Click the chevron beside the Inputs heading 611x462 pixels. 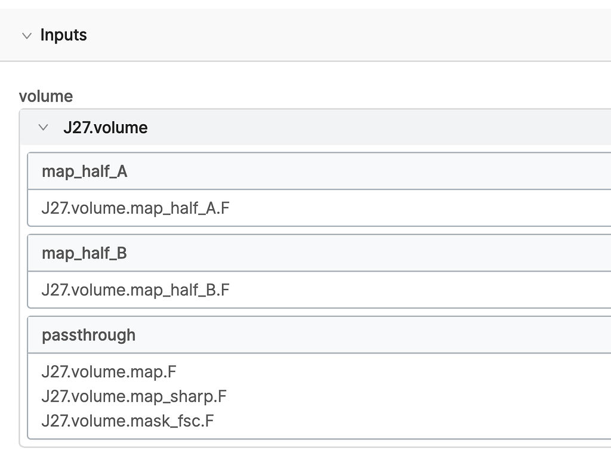click(27, 36)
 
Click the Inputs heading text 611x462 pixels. click(63, 35)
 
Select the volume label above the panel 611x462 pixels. click(46, 96)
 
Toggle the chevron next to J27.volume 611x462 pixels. click(43, 127)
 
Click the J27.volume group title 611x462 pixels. click(106, 128)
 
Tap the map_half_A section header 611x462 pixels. click(85, 171)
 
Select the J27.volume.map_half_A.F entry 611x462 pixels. click(135, 208)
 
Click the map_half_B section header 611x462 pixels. click(85, 254)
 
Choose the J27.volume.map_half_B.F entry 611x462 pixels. click(135, 290)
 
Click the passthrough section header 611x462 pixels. click(89, 335)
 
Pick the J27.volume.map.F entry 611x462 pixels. click(109, 372)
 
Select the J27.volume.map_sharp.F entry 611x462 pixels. click(134, 396)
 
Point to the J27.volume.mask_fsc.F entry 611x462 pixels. click(128, 421)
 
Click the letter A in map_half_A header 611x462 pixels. click(122, 171)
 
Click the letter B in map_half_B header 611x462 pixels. click(122, 254)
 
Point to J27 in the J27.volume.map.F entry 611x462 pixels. click(55, 372)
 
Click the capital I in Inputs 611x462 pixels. click(42, 34)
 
